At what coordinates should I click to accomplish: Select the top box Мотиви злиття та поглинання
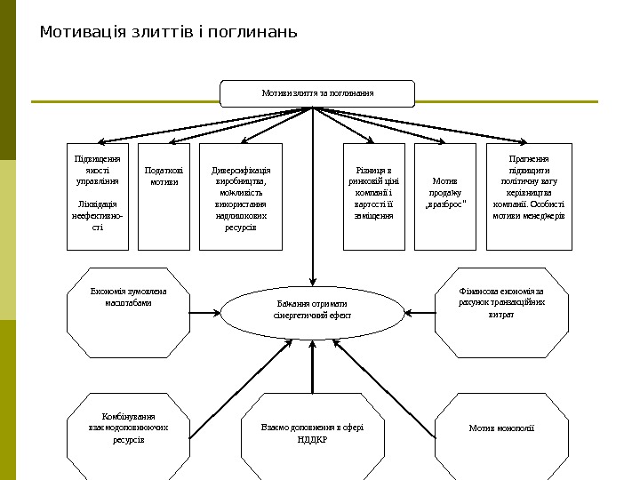pyautogui.click(x=317, y=93)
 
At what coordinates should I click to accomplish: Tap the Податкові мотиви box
pyautogui.click(x=164, y=196)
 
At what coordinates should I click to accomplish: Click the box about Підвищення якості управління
pyautogui.click(x=98, y=196)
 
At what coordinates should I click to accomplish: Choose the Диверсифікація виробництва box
pyautogui.click(x=241, y=196)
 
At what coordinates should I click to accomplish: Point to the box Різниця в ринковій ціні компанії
pyautogui.click(x=374, y=196)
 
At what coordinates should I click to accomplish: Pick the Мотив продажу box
pyautogui.click(x=444, y=196)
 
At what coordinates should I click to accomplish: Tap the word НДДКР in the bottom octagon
pyautogui.click(x=312, y=439)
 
